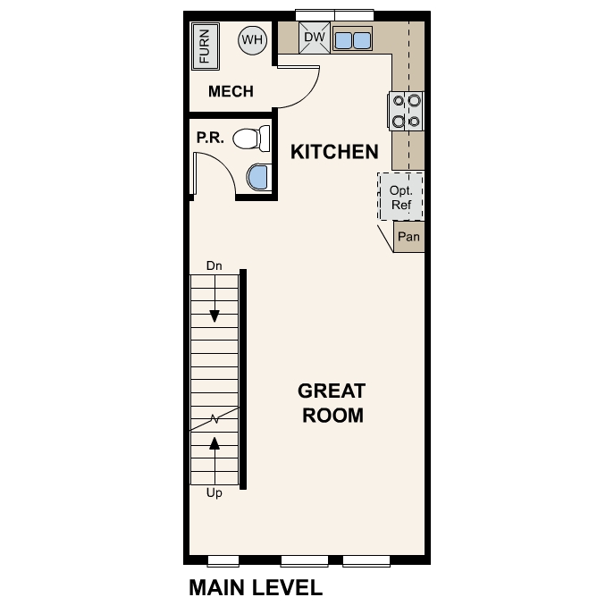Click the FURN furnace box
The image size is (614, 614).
[205, 46]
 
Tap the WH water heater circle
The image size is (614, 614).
[253, 40]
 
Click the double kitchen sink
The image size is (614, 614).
[352, 40]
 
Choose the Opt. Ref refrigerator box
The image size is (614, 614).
[401, 197]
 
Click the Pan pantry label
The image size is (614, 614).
[408, 238]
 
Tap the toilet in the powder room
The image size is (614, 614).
[251, 139]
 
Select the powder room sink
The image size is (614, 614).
[258, 177]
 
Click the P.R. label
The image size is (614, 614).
[209, 139]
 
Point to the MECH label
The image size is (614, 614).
[231, 91]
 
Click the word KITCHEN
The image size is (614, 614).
[334, 152]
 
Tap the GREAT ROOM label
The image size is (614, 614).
[332, 403]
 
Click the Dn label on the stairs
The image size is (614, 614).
[214, 265]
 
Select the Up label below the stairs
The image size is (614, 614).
[214, 492]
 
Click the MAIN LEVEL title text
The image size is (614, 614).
[255, 588]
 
